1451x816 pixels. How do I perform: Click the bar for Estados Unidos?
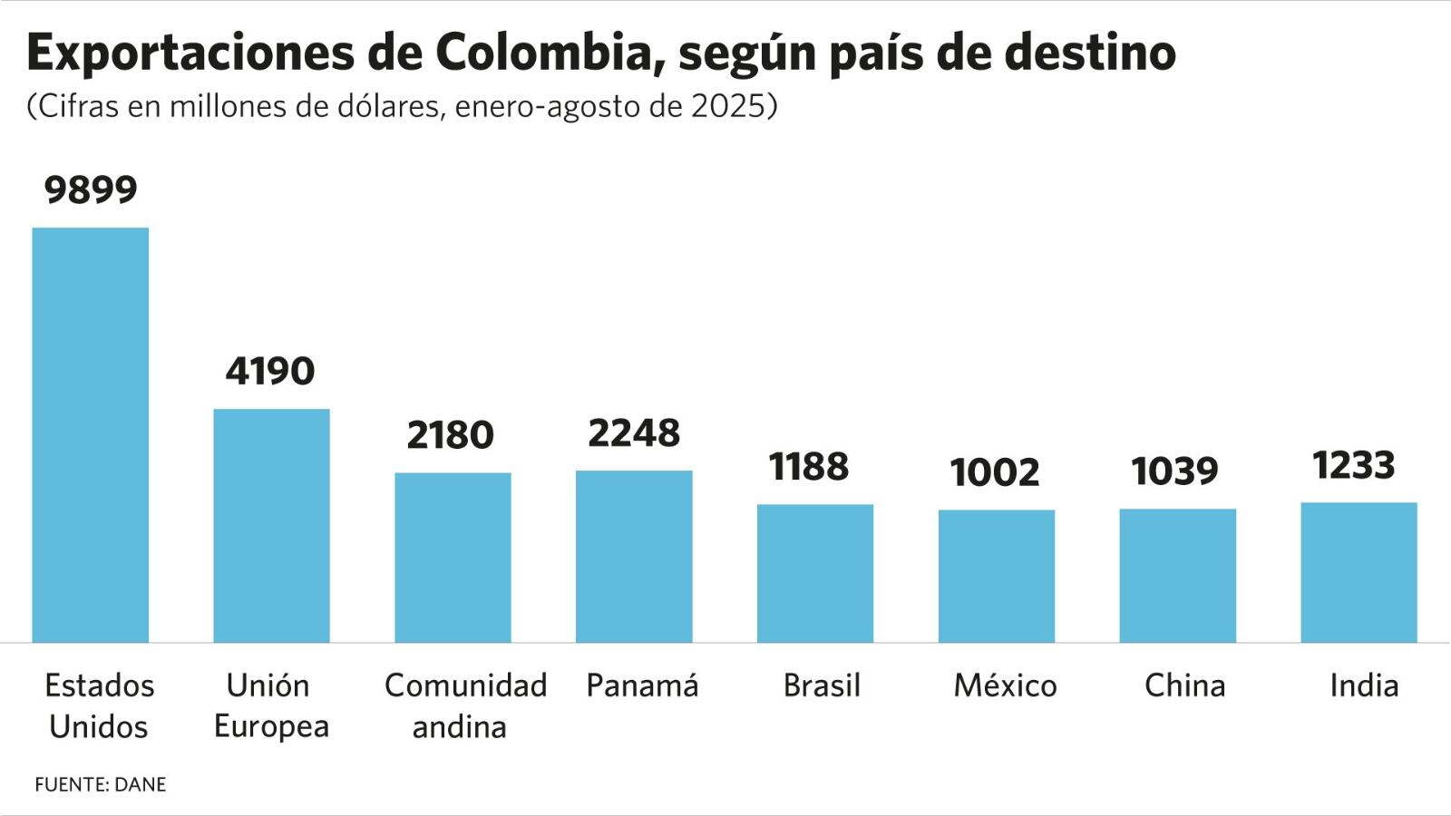pyautogui.click(x=90, y=435)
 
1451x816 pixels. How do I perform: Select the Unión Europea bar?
pyautogui.click(x=271, y=526)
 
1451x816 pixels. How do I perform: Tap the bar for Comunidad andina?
pyautogui.click(x=453, y=558)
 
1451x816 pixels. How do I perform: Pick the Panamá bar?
pyautogui.click(x=634, y=557)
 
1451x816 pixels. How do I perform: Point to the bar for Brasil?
pyautogui.click(x=815, y=573)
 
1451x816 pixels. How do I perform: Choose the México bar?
pyautogui.click(x=996, y=576)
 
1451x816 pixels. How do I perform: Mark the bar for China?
pyautogui.click(x=1177, y=576)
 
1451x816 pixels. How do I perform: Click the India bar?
pyautogui.click(x=1358, y=572)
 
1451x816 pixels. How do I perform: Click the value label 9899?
pyautogui.click(x=91, y=189)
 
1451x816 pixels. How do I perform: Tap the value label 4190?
pyautogui.click(x=270, y=371)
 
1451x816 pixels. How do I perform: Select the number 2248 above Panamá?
pyautogui.click(x=634, y=433)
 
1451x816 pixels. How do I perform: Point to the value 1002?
pyautogui.click(x=995, y=472)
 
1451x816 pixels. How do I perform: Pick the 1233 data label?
pyautogui.click(x=1354, y=465)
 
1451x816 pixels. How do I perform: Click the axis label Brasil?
pyautogui.click(x=822, y=685)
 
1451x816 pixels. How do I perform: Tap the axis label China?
pyautogui.click(x=1184, y=685)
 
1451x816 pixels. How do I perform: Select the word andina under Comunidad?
pyautogui.click(x=459, y=727)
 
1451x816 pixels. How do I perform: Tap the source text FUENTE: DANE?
pyautogui.click(x=101, y=784)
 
